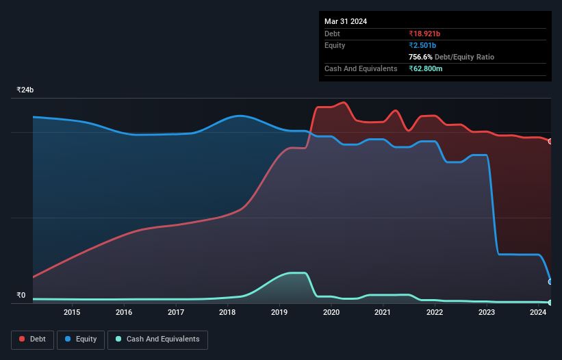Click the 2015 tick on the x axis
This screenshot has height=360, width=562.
coord(72,313)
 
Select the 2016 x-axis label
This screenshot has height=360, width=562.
coord(124,313)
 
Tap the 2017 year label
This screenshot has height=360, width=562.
coord(176,313)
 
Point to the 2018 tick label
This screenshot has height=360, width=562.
coord(227,313)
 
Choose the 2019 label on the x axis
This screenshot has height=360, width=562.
coord(279,313)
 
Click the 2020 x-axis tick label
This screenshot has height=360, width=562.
coord(331,313)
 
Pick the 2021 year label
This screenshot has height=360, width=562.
coord(383,313)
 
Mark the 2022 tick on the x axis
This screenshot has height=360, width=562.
coord(435,313)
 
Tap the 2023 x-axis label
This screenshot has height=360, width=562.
coord(487,313)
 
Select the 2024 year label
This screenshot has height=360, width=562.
coord(538,313)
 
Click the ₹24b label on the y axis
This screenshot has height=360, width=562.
coord(25,90)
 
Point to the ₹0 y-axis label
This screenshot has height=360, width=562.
coord(21,296)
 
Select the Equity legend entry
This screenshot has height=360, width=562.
coord(81,339)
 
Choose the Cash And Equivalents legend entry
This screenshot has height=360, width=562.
coord(157,339)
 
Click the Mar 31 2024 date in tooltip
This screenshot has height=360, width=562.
coord(346,21)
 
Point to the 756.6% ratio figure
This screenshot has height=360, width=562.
coord(420,57)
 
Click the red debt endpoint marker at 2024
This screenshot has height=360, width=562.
coord(550,141)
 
